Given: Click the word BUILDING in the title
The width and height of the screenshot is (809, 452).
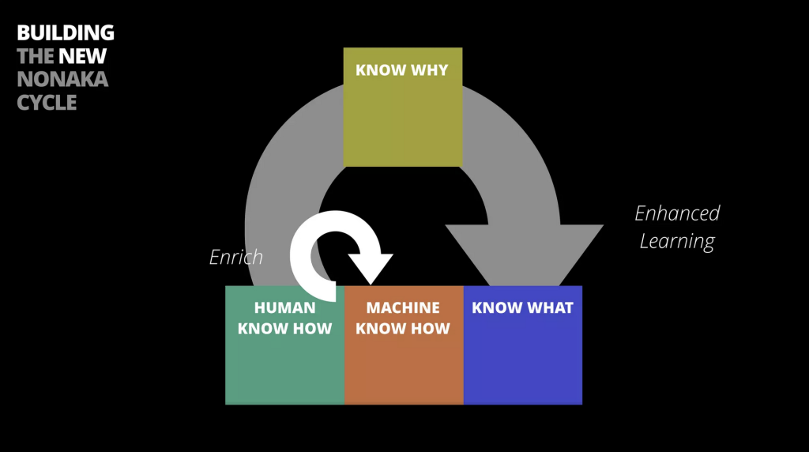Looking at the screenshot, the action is pyautogui.click(x=66, y=32).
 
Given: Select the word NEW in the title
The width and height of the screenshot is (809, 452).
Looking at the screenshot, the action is pyautogui.click(x=82, y=56).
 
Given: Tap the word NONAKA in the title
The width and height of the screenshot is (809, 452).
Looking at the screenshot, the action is pyautogui.click(x=62, y=79).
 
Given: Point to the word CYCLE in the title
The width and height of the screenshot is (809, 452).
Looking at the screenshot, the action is pyautogui.click(x=47, y=102).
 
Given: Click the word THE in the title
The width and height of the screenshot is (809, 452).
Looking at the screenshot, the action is pyautogui.click(x=36, y=56).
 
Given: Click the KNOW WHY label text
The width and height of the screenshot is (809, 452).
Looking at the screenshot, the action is pyautogui.click(x=402, y=70).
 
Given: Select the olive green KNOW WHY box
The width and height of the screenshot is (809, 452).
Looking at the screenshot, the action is pyautogui.click(x=403, y=107).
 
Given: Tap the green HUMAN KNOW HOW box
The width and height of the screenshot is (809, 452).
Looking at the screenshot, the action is pyautogui.click(x=284, y=345).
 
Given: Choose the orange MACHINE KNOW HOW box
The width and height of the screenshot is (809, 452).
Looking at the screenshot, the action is pyautogui.click(x=404, y=345).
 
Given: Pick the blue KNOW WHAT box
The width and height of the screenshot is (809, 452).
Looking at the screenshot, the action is pyautogui.click(x=523, y=345).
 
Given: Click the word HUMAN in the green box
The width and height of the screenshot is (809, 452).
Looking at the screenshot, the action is pyautogui.click(x=284, y=307).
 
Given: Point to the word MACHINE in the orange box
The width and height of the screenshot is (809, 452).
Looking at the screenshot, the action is pyautogui.click(x=403, y=307).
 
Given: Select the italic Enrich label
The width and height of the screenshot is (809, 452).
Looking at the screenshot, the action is pyautogui.click(x=236, y=257).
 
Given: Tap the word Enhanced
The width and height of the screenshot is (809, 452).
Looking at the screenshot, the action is pyautogui.click(x=677, y=213).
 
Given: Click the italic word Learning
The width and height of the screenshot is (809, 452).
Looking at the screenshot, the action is pyautogui.click(x=677, y=242).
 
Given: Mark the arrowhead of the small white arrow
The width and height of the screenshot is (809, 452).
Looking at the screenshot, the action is pyautogui.click(x=371, y=269).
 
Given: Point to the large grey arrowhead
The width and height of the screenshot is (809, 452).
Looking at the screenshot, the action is pyautogui.click(x=525, y=255).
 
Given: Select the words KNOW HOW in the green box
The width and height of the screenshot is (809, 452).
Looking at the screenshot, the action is pyautogui.click(x=284, y=329).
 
